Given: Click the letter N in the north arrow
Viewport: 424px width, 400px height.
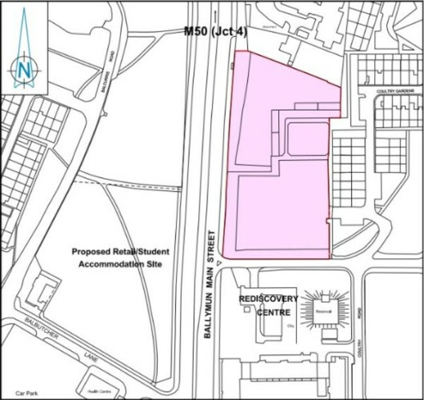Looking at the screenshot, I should tap(25, 68).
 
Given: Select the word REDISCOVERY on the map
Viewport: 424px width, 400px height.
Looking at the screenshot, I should tap(268, 299).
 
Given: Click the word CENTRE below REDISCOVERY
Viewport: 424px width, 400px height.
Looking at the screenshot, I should tap(269, 312).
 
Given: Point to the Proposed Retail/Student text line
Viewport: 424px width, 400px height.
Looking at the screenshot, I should tap(121, 252).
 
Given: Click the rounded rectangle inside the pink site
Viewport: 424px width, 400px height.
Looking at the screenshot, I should tap(307, 139).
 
